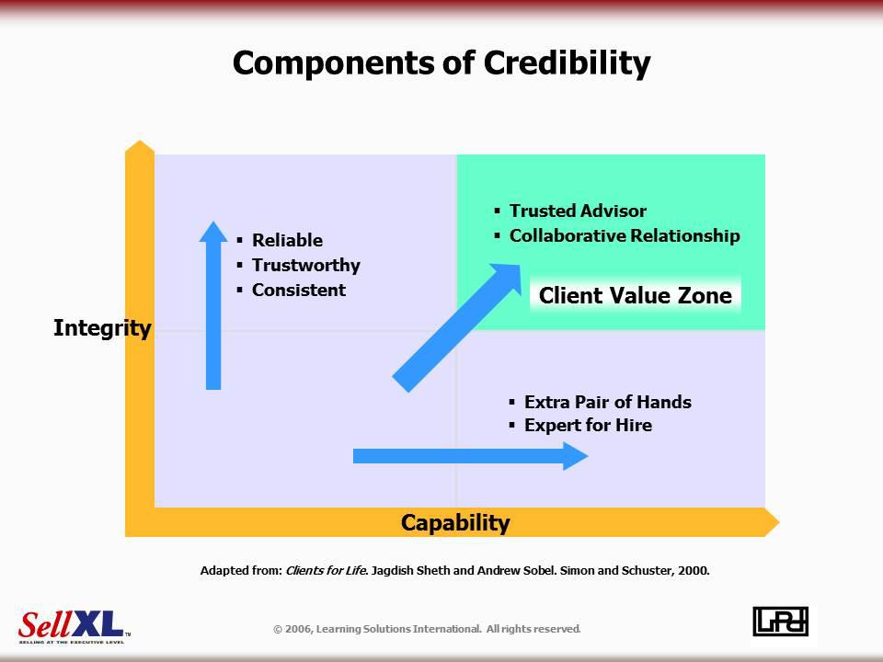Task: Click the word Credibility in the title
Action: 567,63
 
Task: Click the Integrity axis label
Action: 102,328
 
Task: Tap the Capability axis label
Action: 455,523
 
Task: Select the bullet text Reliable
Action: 287,240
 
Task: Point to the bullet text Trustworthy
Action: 305,265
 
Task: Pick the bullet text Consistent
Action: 298,290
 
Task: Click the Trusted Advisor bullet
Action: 578,211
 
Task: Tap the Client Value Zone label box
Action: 636,295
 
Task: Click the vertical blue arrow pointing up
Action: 213,305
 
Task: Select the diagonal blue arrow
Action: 457,327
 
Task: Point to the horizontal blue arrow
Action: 471,456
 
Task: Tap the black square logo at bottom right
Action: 781,622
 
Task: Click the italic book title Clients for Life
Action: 327,570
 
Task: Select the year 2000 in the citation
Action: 694,570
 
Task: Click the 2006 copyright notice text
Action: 427,629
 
